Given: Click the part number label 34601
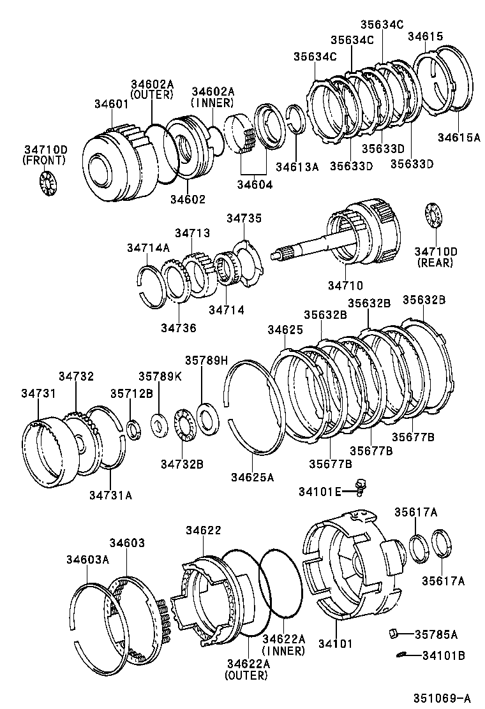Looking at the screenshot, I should coord(112,104).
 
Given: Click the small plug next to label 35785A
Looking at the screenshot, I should coord(394,633).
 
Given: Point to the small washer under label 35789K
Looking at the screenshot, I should coord(158,422).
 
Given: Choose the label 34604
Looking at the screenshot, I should coord(255,185).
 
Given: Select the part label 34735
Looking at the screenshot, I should coord(244,218).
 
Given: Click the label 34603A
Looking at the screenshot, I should coord(87,559).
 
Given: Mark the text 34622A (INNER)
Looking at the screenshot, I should coord(283,645).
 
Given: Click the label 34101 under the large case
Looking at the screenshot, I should coord(335,643).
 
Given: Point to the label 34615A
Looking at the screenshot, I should coord(458,136).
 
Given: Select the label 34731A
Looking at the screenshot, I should coord(110,494).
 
